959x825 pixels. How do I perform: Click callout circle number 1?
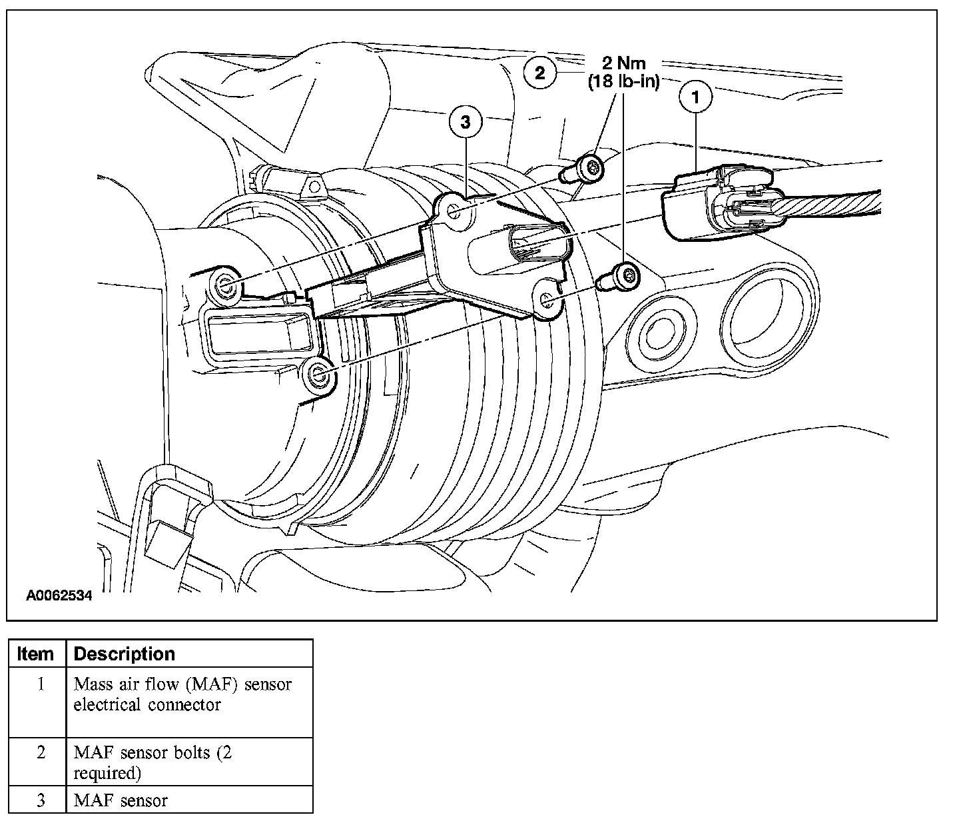click(x=696, y=98)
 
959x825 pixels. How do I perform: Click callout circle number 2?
click(x=539, y=72)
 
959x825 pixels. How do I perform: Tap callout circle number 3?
click(x=465, y=121)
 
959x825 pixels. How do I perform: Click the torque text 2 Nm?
click(x=623, y=64)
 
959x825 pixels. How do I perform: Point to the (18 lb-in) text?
click(x=623, y=82)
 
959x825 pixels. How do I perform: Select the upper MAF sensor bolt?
click(x=585, y=167)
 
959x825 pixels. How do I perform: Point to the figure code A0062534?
click(x=59, y=595)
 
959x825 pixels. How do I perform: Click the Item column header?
click(x=36, y=654)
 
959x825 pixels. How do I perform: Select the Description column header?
click(x=124, y=654)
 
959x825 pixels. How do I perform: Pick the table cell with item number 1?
click(x=40, y=701)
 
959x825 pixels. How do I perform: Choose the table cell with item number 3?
click(x=40, y=800)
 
